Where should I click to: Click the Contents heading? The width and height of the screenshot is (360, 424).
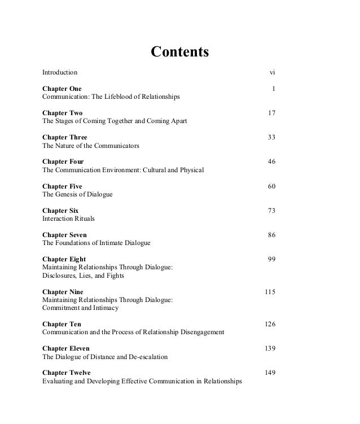[x=180, y=53]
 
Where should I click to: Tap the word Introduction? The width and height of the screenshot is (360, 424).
[x=60, y=73]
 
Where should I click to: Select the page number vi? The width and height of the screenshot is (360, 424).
[x=272, y=73]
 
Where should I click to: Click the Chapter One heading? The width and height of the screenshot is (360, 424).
[x=62, y=89]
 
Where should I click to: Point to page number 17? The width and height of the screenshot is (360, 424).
[x=271, y=113]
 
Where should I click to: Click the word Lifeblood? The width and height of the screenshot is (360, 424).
[x=118, y=97]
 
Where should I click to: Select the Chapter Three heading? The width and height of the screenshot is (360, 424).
[x=65, y=137]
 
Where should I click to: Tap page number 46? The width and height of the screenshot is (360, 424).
[x=271, y=161]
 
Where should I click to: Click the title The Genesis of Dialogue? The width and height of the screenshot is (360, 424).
[x=78, y=194]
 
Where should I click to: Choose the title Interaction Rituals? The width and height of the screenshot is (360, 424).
[x=69, y=218]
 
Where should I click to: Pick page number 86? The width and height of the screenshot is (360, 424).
[x=271, y=234]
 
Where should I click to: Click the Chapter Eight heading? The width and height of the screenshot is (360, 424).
[x=64, y=259]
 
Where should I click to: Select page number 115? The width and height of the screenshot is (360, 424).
[x=270, y=291]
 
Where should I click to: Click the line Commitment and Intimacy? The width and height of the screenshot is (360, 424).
[x=81, y=308]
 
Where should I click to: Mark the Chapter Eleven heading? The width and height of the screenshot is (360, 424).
[x=66, y=348]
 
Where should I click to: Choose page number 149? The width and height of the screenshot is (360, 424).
[x=270, y=373]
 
